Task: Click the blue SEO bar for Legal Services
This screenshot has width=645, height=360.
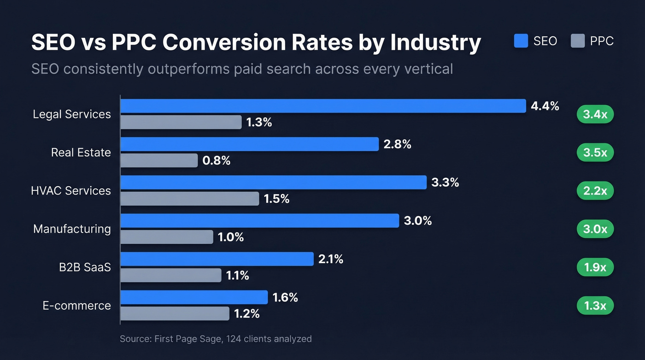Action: coord(322,106)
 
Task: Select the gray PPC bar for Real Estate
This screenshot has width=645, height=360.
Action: coord(159,160)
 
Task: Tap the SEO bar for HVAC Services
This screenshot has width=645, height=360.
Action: coord(273,182)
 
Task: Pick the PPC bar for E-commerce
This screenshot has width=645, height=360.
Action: coord(175,313)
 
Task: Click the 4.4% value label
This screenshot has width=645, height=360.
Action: coord(545,106)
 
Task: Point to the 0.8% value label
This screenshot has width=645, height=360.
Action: coord(216,160)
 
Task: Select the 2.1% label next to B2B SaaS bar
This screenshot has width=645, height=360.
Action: coord(330,259)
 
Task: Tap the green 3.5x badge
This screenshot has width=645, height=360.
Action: coord(595,153)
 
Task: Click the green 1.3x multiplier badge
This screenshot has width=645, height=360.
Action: coord(595,305)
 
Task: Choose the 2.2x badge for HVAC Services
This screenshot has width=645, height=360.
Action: coord(595,191)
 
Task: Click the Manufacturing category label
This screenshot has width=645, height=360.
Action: coord(72,229)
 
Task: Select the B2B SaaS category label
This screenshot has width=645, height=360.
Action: coord(85,267)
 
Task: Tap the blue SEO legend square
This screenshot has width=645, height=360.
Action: coord(521,41)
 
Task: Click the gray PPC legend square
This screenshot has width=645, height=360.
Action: coord(577,41)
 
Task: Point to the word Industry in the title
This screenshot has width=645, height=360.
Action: coord(435,42)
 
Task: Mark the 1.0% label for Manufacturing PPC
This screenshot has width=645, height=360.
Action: coord(231,237)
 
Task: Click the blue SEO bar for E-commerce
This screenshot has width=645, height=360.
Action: coord(194,297)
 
